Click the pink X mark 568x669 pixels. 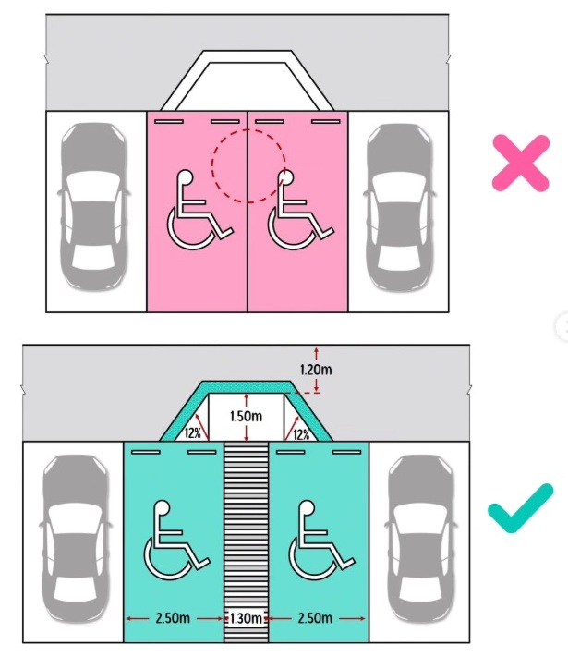520,163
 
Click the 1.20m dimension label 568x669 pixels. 316,369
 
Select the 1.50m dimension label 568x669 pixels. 246,416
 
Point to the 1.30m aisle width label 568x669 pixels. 246,618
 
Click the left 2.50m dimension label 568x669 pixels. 173,618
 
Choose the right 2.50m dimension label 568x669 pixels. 315,618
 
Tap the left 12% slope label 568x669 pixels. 193,433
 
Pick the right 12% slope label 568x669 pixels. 301,435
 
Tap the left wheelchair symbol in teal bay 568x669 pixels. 177,540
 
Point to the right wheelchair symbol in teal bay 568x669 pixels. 322,540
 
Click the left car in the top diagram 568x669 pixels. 94,206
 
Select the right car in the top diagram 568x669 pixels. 399,206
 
